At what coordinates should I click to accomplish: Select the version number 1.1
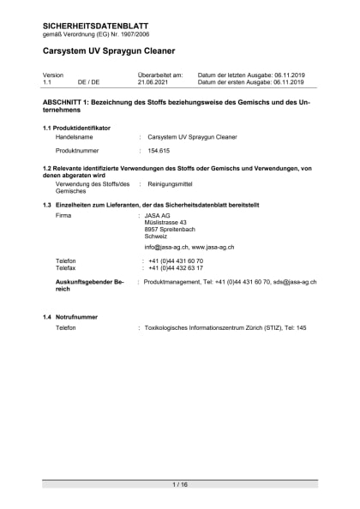(48, 82)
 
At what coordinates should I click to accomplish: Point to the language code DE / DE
(88, 82)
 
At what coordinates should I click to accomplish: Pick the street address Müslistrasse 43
(166, 223)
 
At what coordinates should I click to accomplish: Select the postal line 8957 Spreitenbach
(170, 230)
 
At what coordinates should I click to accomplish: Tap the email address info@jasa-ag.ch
(165, 247)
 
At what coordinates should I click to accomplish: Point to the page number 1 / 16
(180, 485)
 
